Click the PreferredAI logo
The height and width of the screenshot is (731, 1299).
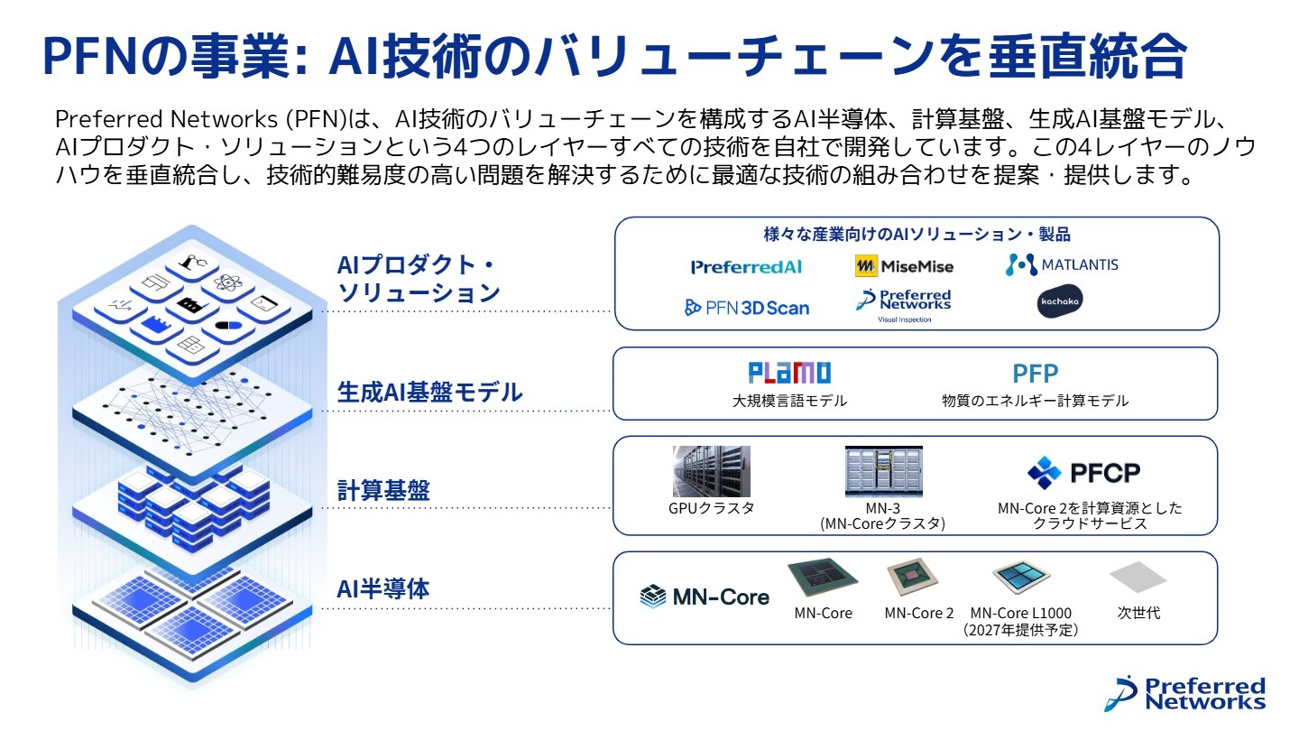coord(746,266)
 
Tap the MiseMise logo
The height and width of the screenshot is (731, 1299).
coord(904,266)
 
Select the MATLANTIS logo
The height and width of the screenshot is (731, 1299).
coord(1062,264)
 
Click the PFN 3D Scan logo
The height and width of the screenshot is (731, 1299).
coord(747,308)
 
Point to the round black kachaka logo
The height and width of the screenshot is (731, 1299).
coord(1060,301)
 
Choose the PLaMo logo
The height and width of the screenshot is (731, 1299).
coord(789,373)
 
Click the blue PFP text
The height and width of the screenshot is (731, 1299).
coord(1035,374)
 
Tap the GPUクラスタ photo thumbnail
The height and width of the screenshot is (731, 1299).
coord(711,471)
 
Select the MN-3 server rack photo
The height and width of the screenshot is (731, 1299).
coord(883,471)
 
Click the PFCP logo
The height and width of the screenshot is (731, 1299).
coord(1083,472)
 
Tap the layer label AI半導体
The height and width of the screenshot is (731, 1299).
coord(382,590)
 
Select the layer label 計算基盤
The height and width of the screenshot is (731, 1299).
coord(382,491)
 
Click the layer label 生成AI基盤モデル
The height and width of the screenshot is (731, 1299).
coord(429,393)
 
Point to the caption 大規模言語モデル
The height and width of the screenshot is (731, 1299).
coord(789,401)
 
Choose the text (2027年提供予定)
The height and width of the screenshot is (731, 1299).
coord(1020,630)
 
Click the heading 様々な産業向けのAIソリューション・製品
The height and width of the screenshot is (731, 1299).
coord(917,235)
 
